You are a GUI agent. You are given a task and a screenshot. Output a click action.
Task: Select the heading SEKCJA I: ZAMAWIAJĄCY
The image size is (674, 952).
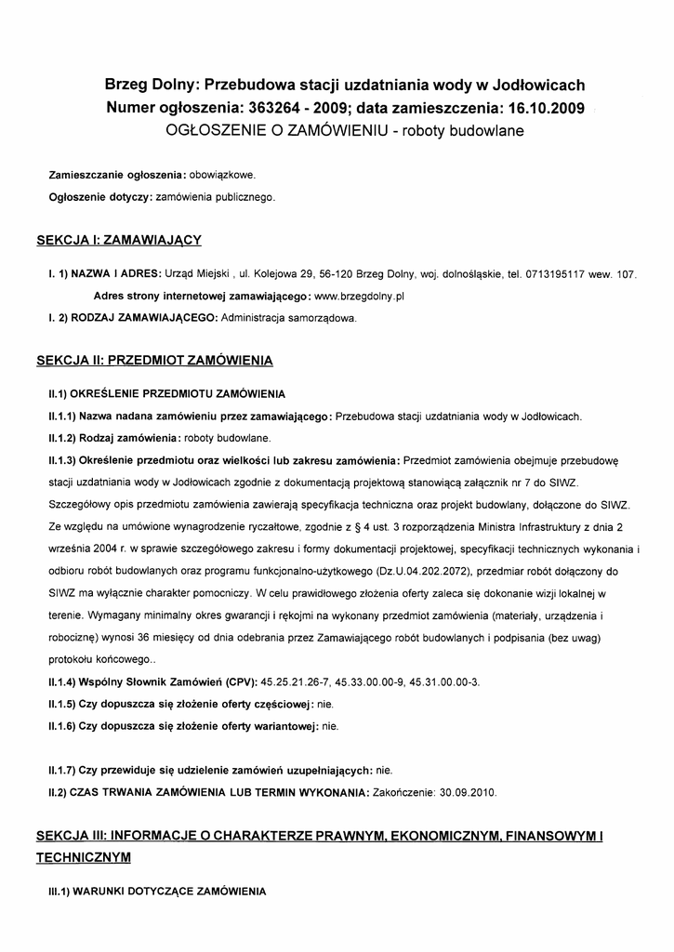119,240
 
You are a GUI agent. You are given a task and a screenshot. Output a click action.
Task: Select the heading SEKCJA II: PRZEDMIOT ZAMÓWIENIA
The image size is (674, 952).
154,359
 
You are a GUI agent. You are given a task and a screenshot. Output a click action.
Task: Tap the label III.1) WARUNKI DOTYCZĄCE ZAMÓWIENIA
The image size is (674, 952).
157,891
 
